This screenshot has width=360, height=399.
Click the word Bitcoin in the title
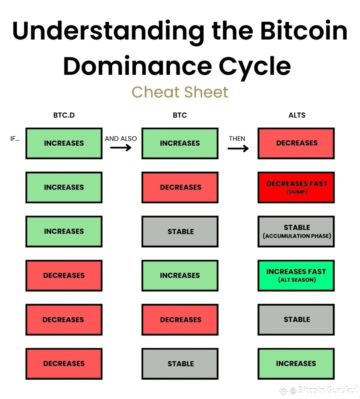[x=303, y=31]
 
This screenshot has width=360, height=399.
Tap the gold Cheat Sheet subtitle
[x=180, y=92]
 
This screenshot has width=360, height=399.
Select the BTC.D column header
[x=64, y=115]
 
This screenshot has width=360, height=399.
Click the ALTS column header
[x=297, y=115]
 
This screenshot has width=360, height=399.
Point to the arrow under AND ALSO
[x=121, y=148]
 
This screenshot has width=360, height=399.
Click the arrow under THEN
[x=238, y=148]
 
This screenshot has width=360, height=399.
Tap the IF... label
[x=15, y=139]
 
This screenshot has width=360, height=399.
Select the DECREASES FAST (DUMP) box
[x=296, y=188]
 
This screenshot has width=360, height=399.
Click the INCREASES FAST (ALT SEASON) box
[x=296, y=276]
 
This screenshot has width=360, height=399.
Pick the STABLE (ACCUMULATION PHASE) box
[x=296, y=231]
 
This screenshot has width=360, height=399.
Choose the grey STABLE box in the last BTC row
[x=180, y=364]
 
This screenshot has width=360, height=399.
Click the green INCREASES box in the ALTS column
[x=296, y=364]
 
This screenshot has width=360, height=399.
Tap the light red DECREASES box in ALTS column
[x=296, y=143]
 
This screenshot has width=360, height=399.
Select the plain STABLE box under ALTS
[x=296, y=320]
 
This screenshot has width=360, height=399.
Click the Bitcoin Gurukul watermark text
[x=327, y=390]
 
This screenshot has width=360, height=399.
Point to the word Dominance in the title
[x=138, y=66]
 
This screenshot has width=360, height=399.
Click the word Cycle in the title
[x=255, y=66]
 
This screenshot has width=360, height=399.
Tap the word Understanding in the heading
[x=108, y=31]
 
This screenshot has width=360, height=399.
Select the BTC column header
[x=180, y=115]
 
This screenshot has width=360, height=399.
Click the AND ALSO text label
[x=121, y=139]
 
